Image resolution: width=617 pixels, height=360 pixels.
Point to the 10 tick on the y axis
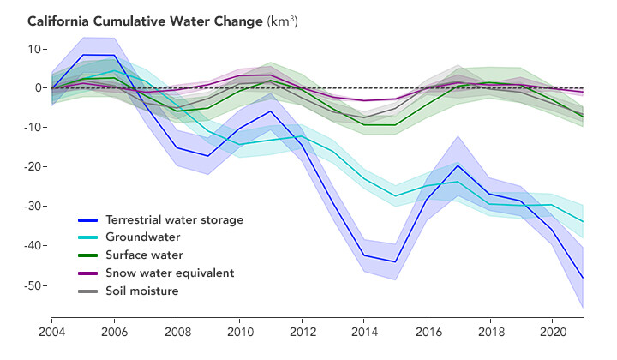36,49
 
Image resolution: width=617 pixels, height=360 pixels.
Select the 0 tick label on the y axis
39,88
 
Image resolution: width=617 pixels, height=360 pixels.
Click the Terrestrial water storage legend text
174,219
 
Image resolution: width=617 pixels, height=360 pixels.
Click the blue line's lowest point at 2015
396,261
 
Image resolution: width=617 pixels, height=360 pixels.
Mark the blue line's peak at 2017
458,165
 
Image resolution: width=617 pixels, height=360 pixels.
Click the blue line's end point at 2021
583,277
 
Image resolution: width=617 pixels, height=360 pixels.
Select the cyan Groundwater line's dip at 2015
396,195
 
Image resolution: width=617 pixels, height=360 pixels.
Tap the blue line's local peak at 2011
271,111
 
